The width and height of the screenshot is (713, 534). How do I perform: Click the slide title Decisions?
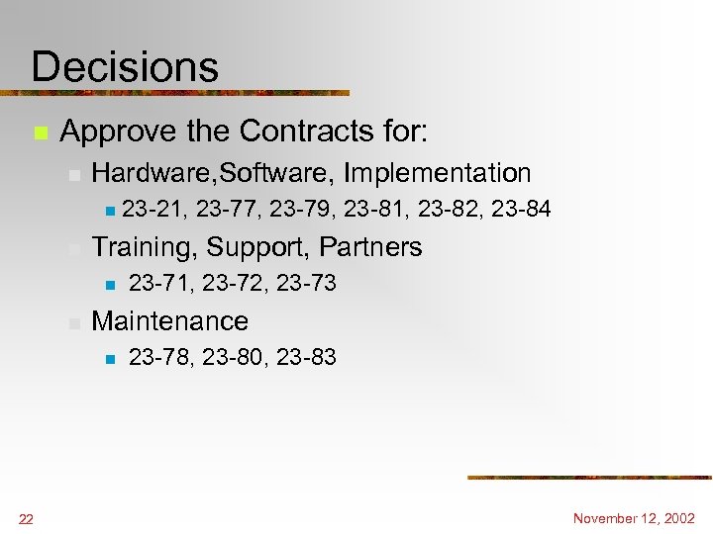coord(125,67)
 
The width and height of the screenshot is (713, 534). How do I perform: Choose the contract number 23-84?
coord(521,209)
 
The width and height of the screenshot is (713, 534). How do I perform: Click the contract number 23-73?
coord(306,284)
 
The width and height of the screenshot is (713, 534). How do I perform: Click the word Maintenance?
coord(169,321)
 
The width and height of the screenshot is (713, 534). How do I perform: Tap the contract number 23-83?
coord(306,357)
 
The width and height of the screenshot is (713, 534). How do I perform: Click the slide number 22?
coord(27,520)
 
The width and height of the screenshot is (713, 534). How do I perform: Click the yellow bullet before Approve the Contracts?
coord(40,132)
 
